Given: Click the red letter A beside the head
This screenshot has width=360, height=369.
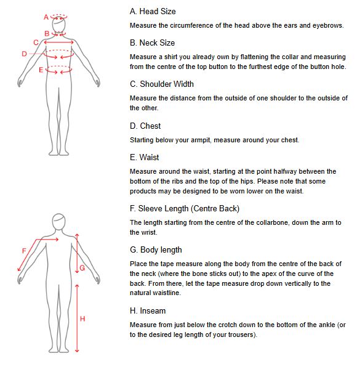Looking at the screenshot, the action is coord(46,17).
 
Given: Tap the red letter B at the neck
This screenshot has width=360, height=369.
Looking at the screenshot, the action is coord(47,34).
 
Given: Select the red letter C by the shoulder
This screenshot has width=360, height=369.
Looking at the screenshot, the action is coord(36,43).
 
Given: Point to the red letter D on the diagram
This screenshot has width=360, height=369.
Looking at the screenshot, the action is coord(24,54).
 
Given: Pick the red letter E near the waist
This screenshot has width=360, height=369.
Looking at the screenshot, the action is coord(41,70).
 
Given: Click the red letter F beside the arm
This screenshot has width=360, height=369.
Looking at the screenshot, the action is coord(24,251).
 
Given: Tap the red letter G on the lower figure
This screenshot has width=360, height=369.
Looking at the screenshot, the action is coord(82,268).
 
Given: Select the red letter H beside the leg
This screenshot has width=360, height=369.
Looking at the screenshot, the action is coord(82,319).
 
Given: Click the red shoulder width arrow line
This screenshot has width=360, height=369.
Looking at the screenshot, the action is coord(59,43).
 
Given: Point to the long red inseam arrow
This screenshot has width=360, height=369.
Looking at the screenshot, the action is coord(77,318).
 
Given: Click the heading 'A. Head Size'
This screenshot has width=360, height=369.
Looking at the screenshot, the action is coord(153,12).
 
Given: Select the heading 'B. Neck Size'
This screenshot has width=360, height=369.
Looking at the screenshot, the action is coord(153,43).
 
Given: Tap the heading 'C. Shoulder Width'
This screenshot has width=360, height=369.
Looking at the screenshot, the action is coord(162,84).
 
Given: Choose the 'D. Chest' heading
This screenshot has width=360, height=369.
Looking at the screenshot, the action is coord(145,126).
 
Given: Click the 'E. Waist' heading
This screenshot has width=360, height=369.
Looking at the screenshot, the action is coord(145,157).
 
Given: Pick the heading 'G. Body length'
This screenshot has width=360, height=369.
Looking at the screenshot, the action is coord(156,250).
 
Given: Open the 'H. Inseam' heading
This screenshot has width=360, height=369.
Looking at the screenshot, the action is coord(148,311).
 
